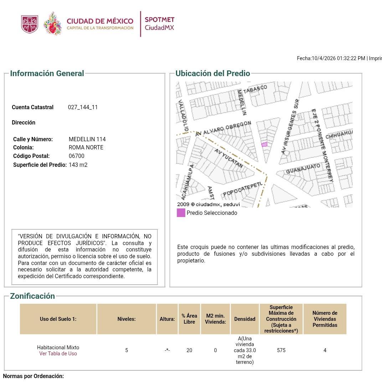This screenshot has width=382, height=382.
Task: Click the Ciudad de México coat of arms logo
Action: click(x=30, y=24)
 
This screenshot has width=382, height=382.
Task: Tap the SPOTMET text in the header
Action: click(x=159, y=20)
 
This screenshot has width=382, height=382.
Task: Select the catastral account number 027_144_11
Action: click(x=83, y=107)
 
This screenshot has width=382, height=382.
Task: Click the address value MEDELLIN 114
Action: click(x=87, y=139)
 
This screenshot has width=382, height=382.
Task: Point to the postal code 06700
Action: click(x=76, y=156)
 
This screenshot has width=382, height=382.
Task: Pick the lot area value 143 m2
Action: click(x=78, y=165)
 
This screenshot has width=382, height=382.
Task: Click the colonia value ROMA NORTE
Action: click(x=86, y=148)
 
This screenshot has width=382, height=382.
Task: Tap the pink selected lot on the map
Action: click(x=264, y=144)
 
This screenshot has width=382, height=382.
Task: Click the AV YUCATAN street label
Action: click(x=229, y=158)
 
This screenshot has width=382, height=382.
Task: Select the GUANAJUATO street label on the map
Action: click(x=303, y=169)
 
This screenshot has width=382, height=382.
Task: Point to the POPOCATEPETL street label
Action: click(x=243, y=189)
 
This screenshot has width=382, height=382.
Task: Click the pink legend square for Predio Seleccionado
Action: click(x=181, y=213)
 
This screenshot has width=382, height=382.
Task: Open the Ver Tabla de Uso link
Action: click(x=58, y=354)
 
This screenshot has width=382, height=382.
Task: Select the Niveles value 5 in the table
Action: click(x=127, y=350)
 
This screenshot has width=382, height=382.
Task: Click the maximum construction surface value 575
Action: click(x=281, y=350)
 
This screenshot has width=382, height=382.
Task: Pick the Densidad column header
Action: click(x=245, y=319)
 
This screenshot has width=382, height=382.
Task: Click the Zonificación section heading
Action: click(x=32, y=296)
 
